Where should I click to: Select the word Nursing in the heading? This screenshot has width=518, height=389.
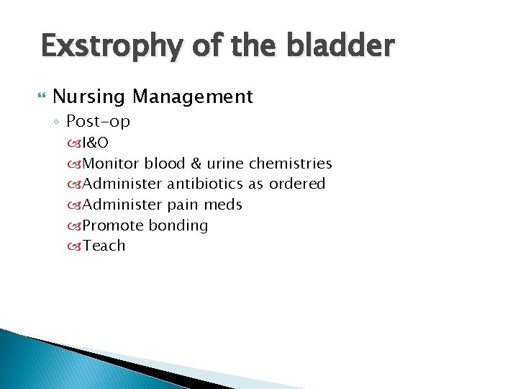[x=91, y=97]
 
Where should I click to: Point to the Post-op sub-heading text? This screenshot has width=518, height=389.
[x=98, y=122]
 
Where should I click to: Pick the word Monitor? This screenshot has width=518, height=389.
[x=111, y=164]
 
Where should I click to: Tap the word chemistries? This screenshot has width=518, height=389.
[x=290, y=164]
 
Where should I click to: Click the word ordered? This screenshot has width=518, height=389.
[x=297, y=184]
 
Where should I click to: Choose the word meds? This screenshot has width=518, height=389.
[x=222, y=205]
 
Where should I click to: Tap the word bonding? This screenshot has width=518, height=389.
[x=178, y=225]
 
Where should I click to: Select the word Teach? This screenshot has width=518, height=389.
[x=104, y=246]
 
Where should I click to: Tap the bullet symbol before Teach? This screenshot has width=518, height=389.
[x=74, y=246]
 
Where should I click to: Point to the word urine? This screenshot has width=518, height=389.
[x=225, y=164]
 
